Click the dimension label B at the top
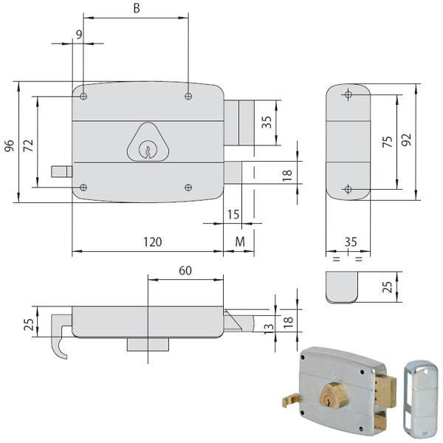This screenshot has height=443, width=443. tap(137, 8)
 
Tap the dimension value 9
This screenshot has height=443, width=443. tap(79, 35)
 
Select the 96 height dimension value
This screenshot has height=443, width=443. tap(10, 145)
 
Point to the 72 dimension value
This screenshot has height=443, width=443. tap(28, 145)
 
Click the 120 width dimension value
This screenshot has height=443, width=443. tap(153, 242)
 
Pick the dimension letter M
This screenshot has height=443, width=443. tap(240, 242)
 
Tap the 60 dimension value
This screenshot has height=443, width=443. tap(185, 271)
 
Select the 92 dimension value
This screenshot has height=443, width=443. tap(406, 140)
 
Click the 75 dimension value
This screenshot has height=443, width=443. tap(388, 141)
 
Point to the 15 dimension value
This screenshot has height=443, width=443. tap(233, 215)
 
